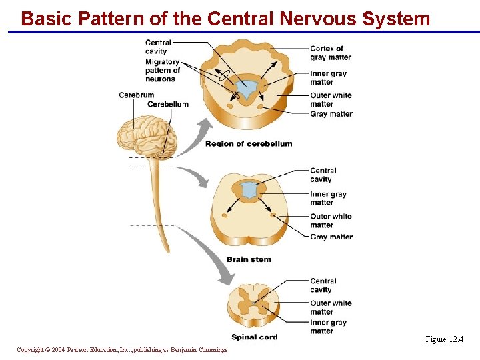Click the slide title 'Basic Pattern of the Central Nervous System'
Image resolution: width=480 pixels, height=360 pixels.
click(225, 18)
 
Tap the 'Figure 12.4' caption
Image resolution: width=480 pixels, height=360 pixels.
click(445, 339)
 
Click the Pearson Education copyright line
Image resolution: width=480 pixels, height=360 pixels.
click(122, 350)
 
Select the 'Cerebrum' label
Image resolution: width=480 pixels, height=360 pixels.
click(136, 95)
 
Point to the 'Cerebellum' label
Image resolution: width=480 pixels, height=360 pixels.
click(168, 104)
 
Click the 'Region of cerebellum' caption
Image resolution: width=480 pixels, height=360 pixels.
click(249, 144)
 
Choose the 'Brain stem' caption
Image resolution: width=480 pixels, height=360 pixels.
click(249, 259)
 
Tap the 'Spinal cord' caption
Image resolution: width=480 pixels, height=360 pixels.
click(254, 337)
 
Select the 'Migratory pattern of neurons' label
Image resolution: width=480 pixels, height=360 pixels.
click(163, 70)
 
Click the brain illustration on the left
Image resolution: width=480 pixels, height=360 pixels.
click(147, 137)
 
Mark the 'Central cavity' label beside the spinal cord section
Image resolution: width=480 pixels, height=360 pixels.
click(323, 285)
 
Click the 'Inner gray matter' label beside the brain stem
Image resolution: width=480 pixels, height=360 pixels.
click(329, 198)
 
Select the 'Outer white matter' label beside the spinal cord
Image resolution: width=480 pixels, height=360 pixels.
click(331, 307)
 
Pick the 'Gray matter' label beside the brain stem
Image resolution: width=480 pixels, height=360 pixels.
click(331, 237)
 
